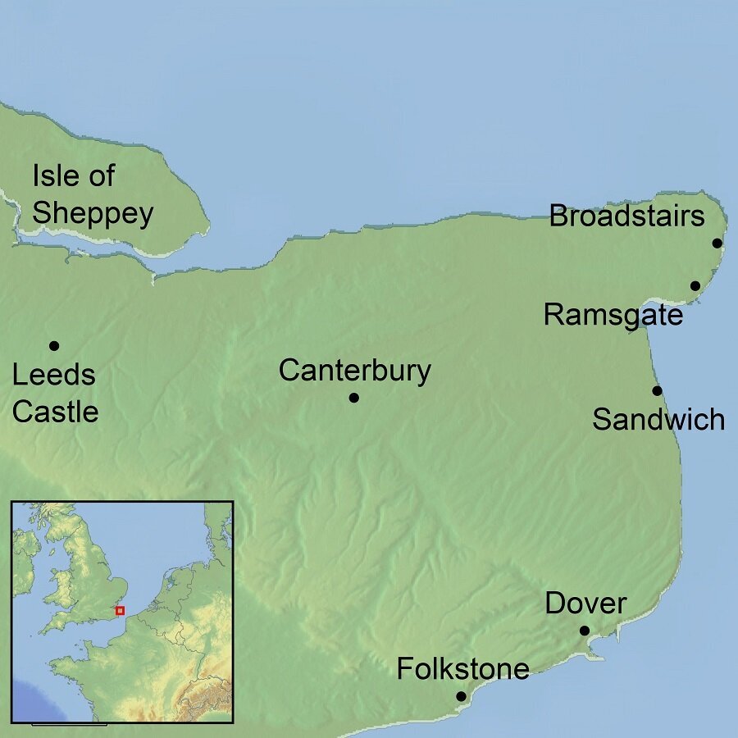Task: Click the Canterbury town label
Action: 354,371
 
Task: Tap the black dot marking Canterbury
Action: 354,398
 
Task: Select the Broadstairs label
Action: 626,216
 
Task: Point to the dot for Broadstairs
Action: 717,244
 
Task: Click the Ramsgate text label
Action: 613,315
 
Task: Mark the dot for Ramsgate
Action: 695,286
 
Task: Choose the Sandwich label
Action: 658,420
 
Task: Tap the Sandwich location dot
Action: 657,390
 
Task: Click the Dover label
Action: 585,604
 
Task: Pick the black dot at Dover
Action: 585,631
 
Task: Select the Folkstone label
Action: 462,669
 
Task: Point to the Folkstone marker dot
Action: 461,697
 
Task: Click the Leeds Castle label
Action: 55,394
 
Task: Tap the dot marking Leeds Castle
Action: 54,345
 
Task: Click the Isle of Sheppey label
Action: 92,194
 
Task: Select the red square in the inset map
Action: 120,610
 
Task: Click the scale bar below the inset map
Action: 69,724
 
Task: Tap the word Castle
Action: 55,412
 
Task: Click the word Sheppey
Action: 92,213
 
